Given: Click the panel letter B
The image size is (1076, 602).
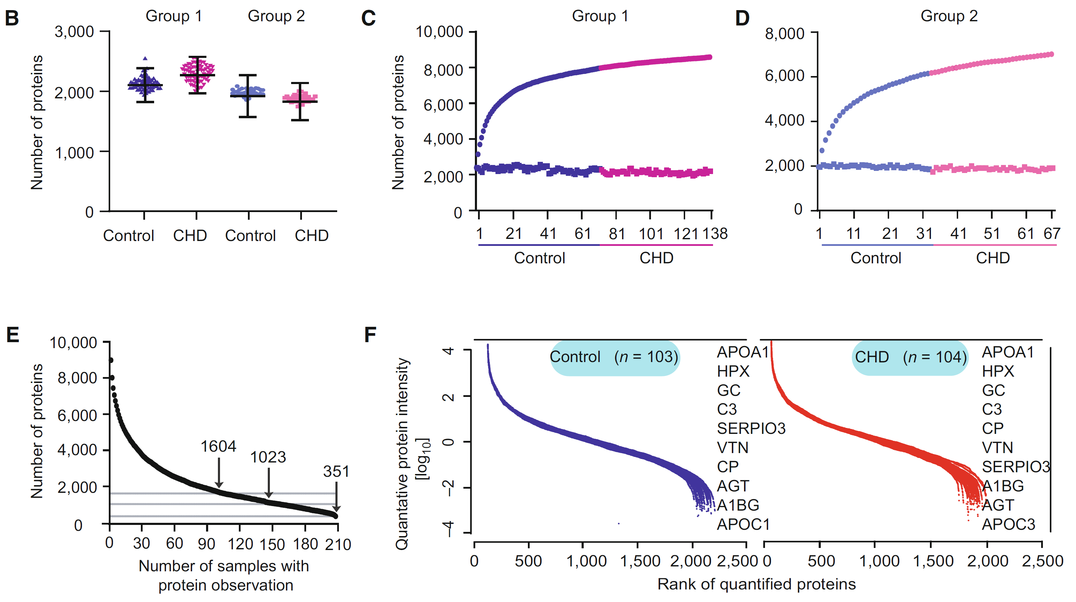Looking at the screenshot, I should (x=12, y=18).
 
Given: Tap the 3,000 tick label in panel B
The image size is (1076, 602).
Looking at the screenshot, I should (x=74, y=32).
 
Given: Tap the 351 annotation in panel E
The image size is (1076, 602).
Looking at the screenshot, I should (x=336, y=472).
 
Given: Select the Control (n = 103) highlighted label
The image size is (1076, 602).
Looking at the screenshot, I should (x=614, y=357).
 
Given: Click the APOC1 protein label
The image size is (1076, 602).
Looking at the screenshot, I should (x=743, y=524).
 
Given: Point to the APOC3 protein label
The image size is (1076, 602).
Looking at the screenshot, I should (x=1008, y=524).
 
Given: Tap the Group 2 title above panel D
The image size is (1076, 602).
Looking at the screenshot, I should (x=949, y=16).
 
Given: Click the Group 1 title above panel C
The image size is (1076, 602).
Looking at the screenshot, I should (x=600, y=16).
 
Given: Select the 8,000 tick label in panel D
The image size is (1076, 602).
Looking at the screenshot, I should (x=784, y=34).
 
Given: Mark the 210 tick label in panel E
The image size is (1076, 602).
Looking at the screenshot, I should (x=338, y=544).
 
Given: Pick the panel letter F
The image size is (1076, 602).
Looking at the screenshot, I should (x=370, y=334).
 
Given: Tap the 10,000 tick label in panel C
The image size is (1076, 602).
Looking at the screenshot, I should (x=439, y=32).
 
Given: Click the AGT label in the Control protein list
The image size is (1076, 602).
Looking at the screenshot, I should (x=733, y=486).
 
